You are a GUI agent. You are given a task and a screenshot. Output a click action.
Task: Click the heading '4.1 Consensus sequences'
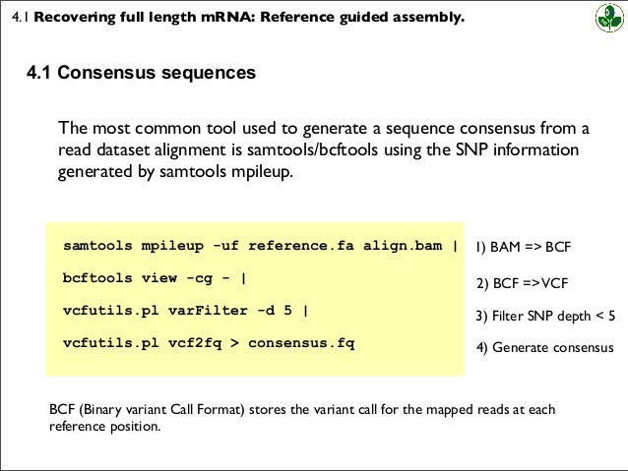[142, 74]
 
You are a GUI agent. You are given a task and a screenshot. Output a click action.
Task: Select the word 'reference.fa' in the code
[296, 246]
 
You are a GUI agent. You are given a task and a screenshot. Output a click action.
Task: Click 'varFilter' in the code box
[201, 311]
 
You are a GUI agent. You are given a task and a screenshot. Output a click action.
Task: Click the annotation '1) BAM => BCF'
[524, 247]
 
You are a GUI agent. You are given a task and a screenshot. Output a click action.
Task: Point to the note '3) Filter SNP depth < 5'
[545, 316]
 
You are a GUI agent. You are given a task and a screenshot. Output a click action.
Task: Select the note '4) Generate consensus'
[544, 347]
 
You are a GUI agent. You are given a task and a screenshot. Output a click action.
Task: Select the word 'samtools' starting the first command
[95, 246]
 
